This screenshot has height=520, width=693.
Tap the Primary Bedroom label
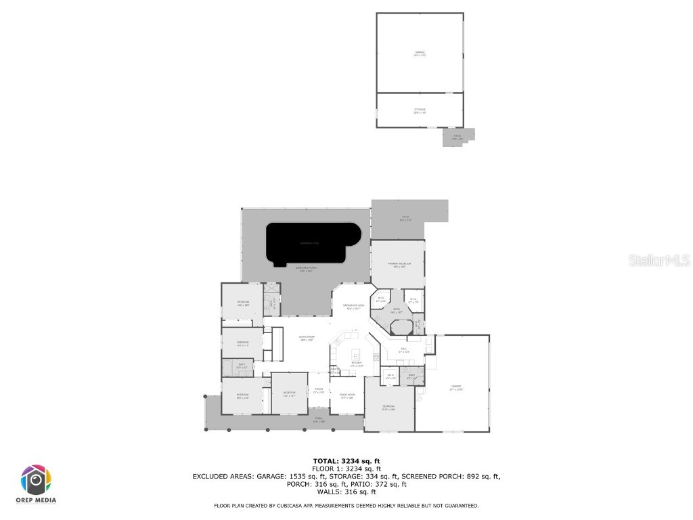click(400, 264)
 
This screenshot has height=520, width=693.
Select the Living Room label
click(308, 340)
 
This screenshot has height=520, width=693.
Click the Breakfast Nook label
click(351, 307)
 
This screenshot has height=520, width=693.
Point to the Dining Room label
click(347, 396)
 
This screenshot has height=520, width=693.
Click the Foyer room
click(319, 391)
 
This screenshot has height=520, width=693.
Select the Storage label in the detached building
click(420, 110)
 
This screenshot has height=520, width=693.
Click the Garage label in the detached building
click(420, 53)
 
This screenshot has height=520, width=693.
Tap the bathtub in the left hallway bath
click(230, 368)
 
